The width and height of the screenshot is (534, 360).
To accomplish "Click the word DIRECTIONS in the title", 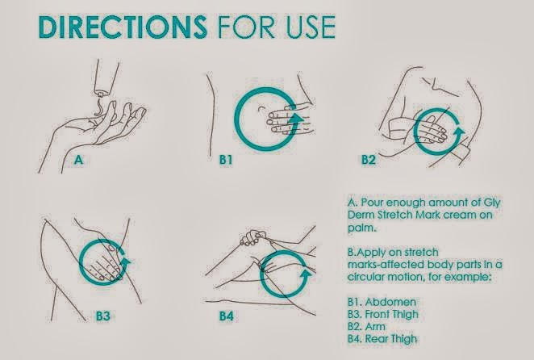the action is pyautogui.click(x=123, y=27).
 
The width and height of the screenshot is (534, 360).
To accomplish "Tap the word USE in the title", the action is pyautogui.click(x=311, y=27).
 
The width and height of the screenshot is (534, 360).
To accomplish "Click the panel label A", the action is pyautogui.click(x=79, y=160).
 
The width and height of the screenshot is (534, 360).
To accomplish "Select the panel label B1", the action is pyautogui.click(x=226, y=160).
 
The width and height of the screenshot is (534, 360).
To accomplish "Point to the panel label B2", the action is pyautogui.click(x=368, y=160).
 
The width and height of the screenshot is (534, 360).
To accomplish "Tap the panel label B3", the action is pyautogui.click(x=103, y=316).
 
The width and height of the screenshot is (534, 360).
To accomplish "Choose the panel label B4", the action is pyautogui.click(x=226, y=316).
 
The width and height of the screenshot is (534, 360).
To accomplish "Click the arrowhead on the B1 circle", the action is pyautogui.click(x=295, y=118).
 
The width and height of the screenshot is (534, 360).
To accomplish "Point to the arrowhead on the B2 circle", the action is pyautogui.click(x=460, y=132).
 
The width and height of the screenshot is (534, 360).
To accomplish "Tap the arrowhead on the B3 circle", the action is pyautogui.click(x=126, y=262).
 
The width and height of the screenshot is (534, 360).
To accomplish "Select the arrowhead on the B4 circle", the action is pyautogui.click(x=307, y=274).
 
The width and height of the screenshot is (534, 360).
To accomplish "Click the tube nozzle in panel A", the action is pyautogui.click(x=101, y=93).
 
